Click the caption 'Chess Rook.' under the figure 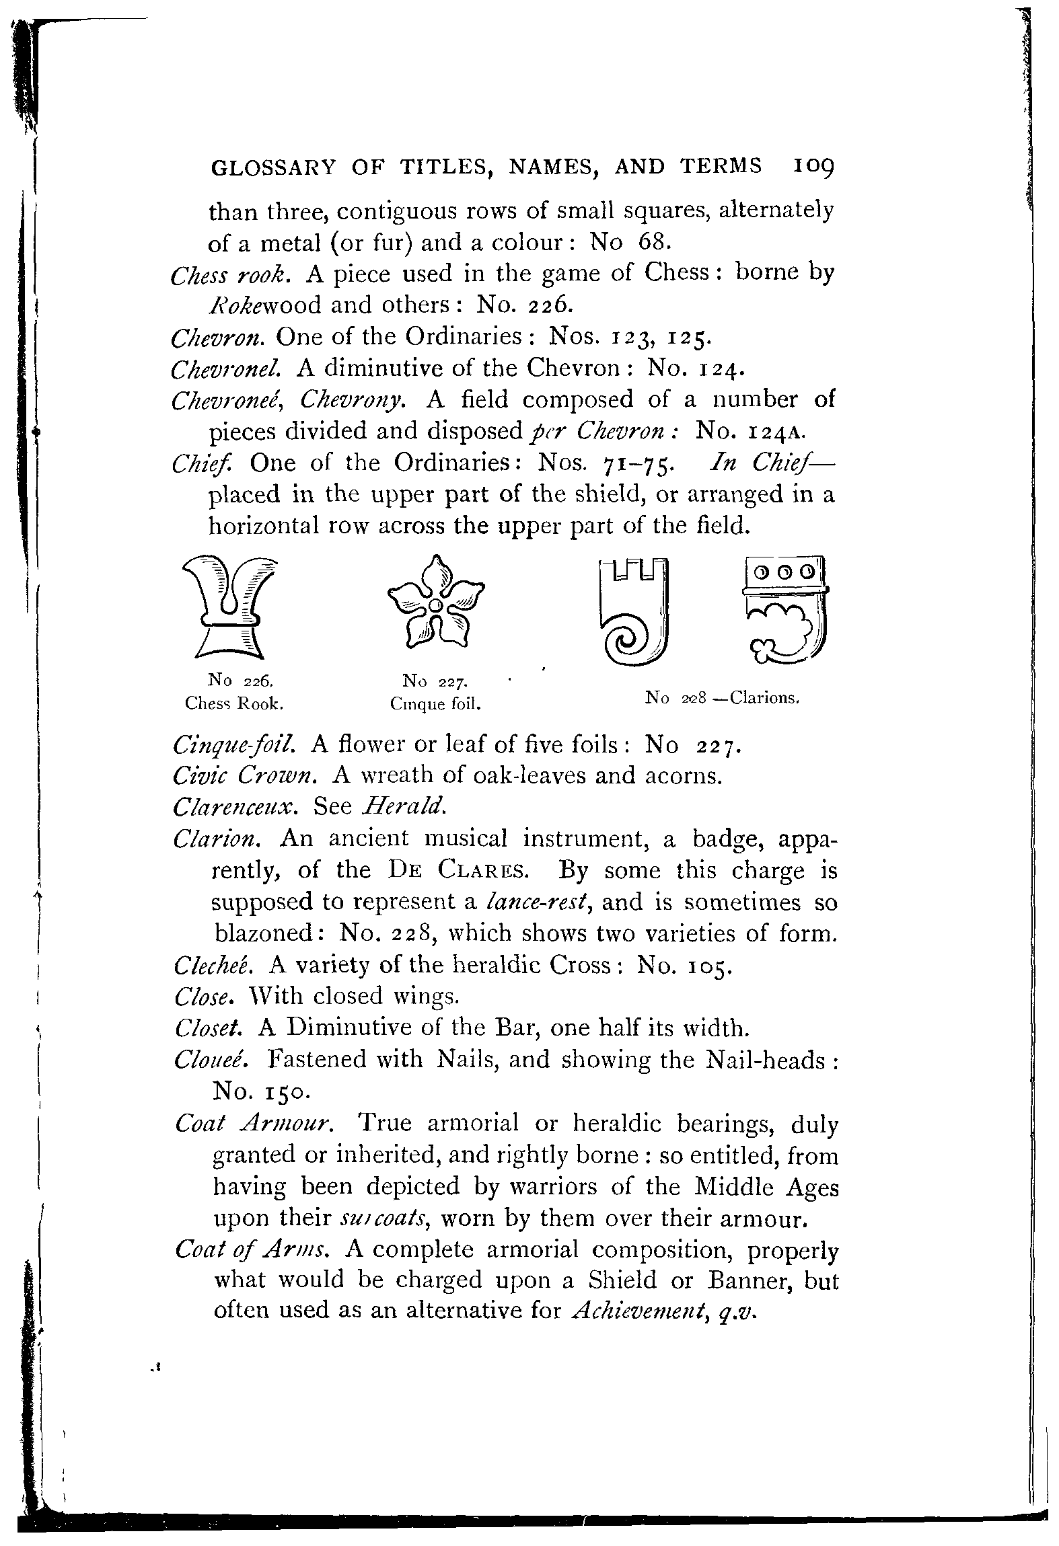click(233, 703)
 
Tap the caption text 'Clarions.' click(764, 698)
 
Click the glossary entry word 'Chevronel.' click(231, 368)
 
